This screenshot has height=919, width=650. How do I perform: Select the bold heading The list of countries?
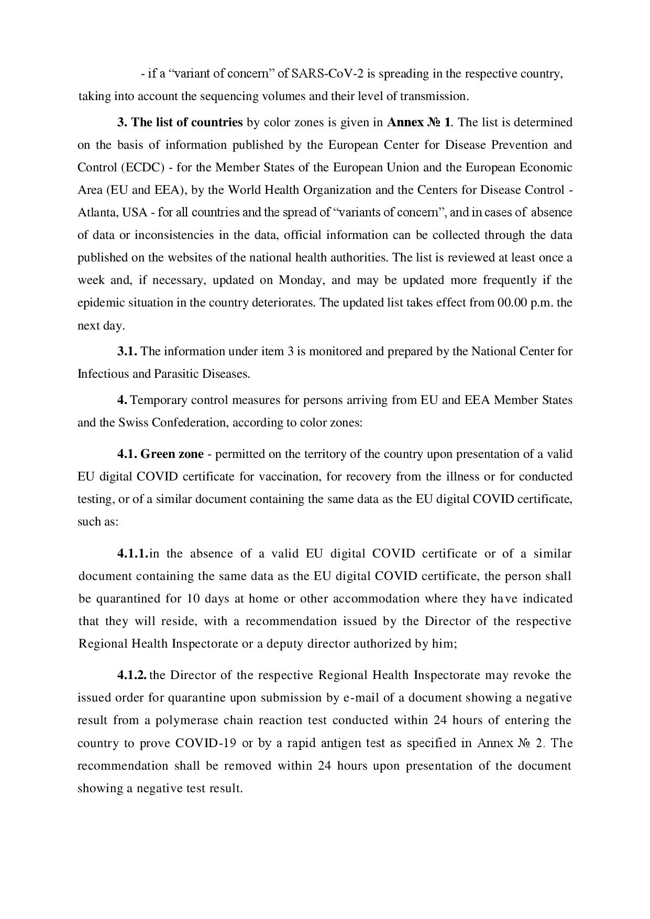pos(187,123)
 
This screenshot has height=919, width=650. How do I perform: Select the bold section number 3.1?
pos(127,352)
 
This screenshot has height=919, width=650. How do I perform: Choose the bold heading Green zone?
pos(172,454)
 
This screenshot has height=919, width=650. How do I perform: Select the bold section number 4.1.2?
pos(132,675)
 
